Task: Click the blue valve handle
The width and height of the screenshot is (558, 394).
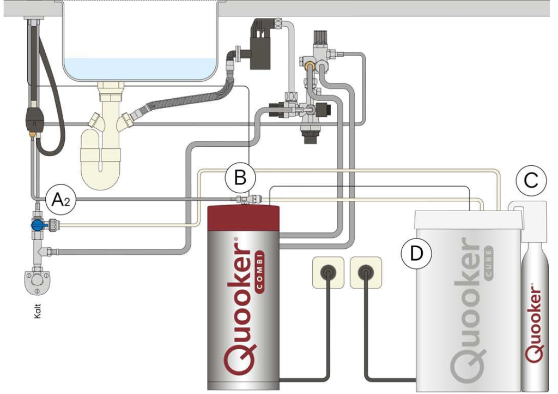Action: tap(37, 225)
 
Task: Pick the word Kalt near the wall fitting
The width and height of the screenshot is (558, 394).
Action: tap(38, 311)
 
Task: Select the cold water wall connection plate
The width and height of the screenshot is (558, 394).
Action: tap(37, 279)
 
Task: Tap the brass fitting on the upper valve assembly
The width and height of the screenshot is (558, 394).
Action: tap(310, 67)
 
